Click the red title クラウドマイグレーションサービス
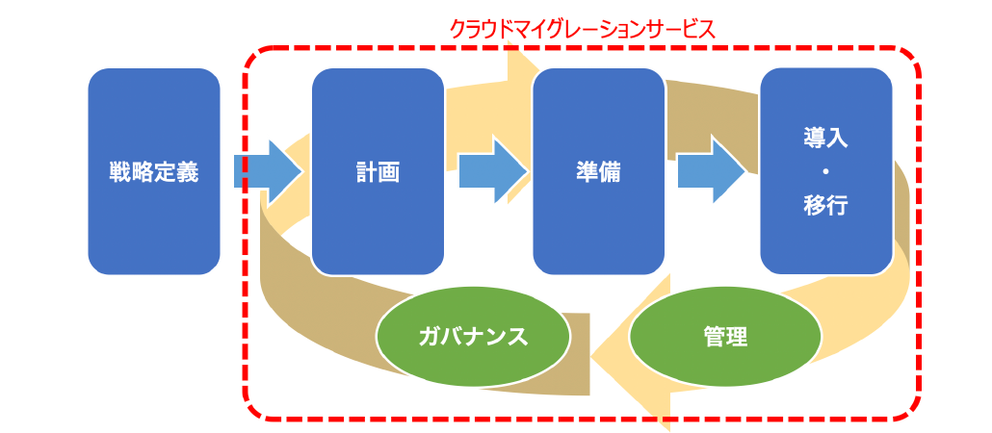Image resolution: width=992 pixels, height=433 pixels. [582, 29]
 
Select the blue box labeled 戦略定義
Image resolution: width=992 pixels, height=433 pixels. [154, 171]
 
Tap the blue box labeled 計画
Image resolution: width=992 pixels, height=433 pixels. [378, 171]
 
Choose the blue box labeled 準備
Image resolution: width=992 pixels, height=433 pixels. [598, 171]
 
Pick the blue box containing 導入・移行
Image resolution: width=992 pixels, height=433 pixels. [826, 171]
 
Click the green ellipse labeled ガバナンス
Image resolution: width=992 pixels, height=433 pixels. [473, 336]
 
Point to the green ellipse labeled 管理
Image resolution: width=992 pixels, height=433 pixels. [725, 336]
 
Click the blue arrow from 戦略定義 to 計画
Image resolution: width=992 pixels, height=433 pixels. [269, 172]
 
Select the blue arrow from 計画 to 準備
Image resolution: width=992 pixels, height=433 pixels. [493, 172]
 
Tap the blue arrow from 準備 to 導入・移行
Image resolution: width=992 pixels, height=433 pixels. [711, 172]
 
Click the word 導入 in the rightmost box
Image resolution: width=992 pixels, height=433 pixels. [826, 140]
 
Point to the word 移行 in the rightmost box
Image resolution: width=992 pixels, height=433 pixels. [826, 206]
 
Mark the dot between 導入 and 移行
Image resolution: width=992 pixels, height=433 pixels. [826, 172]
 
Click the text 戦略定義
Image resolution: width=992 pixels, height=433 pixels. [154, 172]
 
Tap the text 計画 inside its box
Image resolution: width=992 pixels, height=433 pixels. [378, 172]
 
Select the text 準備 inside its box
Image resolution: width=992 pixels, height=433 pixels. [598, 172]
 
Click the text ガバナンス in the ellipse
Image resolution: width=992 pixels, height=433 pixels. [473, 337]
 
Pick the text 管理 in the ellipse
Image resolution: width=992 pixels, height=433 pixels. [725, 337]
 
